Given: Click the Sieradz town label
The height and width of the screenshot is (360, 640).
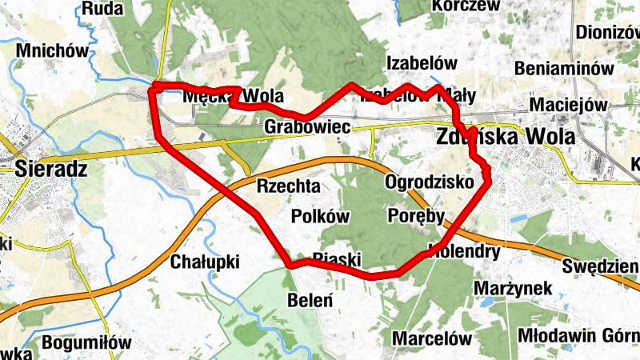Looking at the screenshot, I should (x=51, y=169).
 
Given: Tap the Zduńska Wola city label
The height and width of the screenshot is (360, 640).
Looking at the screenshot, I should (x=506, y=137).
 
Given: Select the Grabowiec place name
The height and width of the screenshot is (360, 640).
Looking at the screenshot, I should (x=307, y=127).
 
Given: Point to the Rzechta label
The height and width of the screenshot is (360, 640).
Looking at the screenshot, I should (x=289, y=186).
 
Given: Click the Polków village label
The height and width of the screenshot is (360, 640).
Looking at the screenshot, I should (x=321, y=217).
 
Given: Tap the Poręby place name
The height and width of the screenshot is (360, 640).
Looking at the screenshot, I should (x=415, y=216).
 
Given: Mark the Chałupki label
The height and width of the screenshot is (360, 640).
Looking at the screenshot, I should (x=205, y=262).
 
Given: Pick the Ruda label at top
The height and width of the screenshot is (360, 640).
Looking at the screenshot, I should (x=103, y=9).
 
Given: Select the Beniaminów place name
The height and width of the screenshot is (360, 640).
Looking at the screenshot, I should (x=564, y=70).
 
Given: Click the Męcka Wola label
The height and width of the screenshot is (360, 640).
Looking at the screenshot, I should (x=233, y=97).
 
